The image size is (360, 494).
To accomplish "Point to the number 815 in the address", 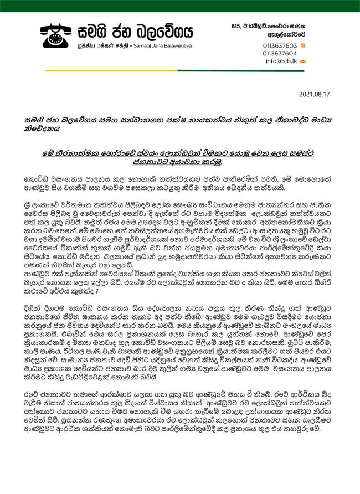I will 236,26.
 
